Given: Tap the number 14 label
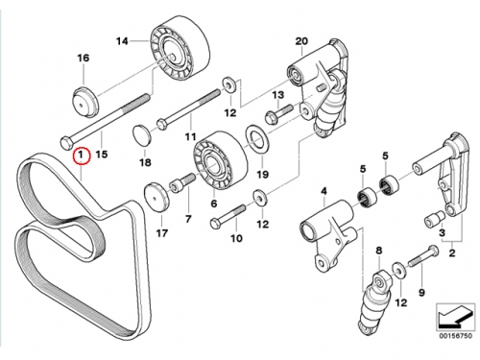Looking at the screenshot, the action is point(122,41).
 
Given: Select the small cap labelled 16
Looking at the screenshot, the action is point(85,102).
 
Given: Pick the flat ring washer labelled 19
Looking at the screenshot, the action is point(255,140).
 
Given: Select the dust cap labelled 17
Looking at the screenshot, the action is point(156,198).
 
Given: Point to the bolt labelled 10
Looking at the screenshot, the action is point(228,216).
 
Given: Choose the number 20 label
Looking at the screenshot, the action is point(301,41).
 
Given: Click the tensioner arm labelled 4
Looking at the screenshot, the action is point(327,234).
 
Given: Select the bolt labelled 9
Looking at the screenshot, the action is point(423,256).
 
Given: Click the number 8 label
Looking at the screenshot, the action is point(379,251).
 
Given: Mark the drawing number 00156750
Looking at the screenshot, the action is point(455,336).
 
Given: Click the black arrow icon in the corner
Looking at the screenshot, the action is point(455,318).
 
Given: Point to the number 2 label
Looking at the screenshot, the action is point(451,253).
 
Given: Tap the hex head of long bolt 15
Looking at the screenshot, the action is point(67,143).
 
